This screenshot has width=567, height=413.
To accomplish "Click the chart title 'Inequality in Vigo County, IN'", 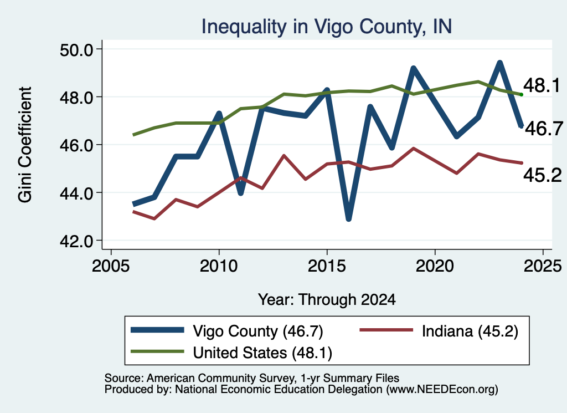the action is coord(326,27).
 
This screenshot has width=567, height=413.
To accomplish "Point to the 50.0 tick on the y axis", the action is coord(76,49).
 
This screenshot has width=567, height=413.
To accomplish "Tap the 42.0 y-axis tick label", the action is coord(76,241).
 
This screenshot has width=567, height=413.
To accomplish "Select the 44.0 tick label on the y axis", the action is coord(76,193).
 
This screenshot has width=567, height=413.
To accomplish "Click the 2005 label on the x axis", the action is coord(111,266).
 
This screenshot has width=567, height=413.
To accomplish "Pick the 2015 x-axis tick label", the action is coord(327,266).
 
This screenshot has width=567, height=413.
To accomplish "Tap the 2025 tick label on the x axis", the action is coord(543,266).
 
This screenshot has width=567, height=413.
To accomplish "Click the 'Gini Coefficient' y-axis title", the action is coord(25,145).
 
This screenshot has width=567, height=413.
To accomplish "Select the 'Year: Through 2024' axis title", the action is coord(327,300).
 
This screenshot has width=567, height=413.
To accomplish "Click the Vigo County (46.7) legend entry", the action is coord(227,331).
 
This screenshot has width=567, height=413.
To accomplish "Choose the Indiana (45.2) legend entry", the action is coord(439,331).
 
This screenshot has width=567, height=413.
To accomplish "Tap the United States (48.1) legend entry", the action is coord(231,353).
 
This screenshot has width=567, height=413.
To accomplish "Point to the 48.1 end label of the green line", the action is coord(542,85).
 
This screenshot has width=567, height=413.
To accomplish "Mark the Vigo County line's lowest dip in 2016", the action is coord(349,218).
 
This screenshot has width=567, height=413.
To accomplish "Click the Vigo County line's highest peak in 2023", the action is coord(500,64).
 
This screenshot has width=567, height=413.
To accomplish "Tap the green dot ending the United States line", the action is coord(521,94).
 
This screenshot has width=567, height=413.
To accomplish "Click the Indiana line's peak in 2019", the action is coord(413,149).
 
